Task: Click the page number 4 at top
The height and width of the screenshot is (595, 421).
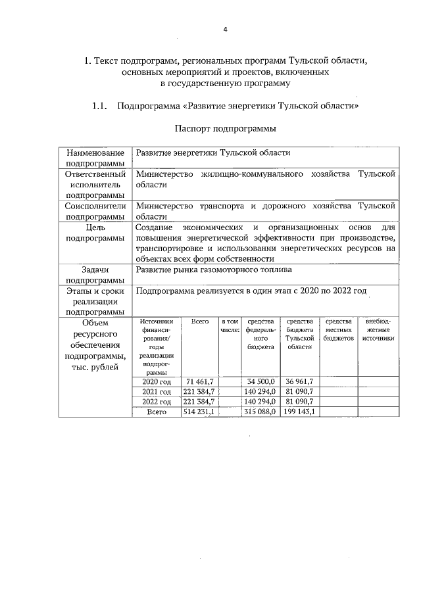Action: (x=225, y=30)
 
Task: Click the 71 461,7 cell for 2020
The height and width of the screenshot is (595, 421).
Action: (x=200, y=381)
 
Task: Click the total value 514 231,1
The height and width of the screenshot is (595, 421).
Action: (x=200, y=412)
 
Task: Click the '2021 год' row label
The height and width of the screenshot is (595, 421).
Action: (x=157, y=392)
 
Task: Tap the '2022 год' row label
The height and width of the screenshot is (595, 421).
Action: (x=157, y=402)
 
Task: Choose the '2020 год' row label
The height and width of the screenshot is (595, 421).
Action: (x=157, y=381)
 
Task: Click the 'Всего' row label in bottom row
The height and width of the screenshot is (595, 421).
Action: (x=157, y=412)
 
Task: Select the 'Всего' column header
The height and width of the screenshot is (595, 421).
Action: (x=200, y=321)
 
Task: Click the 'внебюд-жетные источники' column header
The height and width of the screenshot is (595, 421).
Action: (x=378, y=329)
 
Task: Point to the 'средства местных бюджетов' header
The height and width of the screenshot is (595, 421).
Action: (x=338, y=329)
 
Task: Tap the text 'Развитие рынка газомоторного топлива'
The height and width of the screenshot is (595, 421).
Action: (x=214, y=270)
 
